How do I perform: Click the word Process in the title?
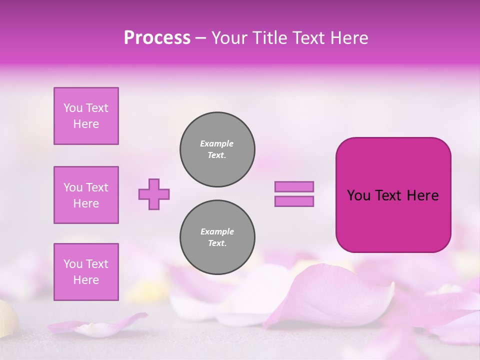(x=157, y=38)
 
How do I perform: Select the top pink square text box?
(x=86, y=116)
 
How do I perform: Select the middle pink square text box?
(x=86, y=195)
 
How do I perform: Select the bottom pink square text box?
(x=86, y=272)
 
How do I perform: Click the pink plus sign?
(x=154, y=194)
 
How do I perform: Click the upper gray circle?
(x=217, y=149)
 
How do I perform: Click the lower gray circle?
(x=217, y=237)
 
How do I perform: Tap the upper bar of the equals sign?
(x=294, y=186)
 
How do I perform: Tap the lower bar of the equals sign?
(x=294, y=201)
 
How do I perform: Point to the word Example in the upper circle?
(x=217, y=143)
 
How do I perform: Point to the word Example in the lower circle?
(x=217, y=231)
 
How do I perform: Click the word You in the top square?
(x=72, y=108)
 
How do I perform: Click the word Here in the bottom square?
(x=86, y=280)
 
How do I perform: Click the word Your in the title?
(x=229, y=38)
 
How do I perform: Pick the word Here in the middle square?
(x=86, y=203)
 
